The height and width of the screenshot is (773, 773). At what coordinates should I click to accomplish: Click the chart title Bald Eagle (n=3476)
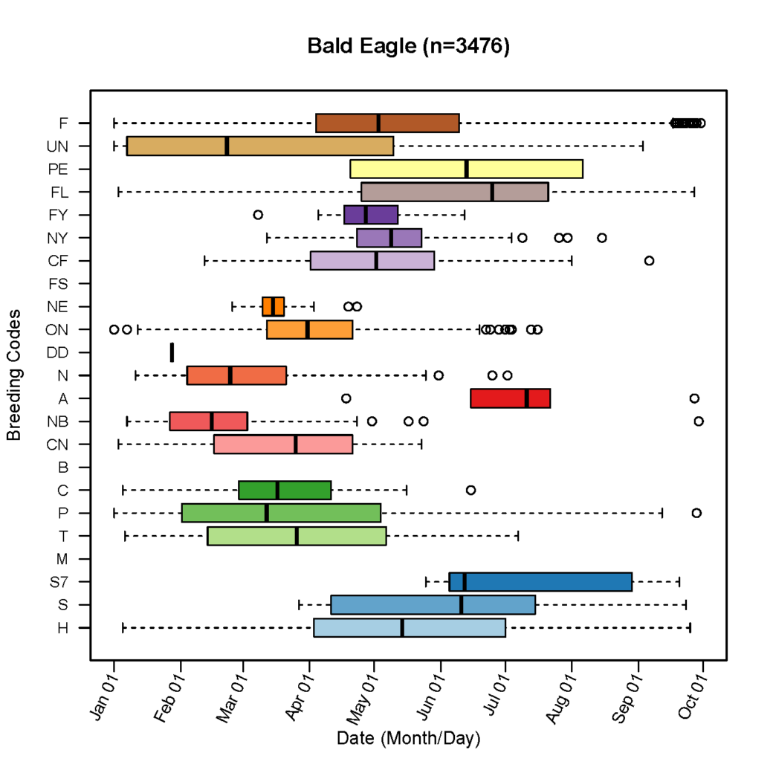(408, 46)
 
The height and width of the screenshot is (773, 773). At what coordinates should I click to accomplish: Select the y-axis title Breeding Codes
(13, 375)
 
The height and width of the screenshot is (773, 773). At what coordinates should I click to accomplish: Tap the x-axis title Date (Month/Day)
(408, 739)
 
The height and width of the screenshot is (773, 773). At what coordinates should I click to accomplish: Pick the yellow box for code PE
(466, 169)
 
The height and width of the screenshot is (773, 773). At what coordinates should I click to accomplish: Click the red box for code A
(510, 398)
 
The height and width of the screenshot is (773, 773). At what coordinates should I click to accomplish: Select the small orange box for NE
(273, 306)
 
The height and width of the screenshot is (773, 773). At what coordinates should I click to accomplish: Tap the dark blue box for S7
(540, 582)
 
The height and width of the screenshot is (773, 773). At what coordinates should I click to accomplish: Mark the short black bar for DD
(172, 352)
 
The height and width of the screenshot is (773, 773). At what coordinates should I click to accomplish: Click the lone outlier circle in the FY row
(258, 215)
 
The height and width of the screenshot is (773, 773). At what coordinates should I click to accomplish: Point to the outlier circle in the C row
(470, 490)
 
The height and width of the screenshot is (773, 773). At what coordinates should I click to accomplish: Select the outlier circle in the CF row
(649, 260)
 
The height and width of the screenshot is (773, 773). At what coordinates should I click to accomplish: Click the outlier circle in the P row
(696, 513)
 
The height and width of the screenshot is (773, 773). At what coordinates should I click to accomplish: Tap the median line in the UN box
(227, 146)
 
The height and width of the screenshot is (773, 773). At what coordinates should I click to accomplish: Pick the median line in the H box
(402, 628)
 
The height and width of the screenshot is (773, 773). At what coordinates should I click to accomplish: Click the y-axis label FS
(59, 283)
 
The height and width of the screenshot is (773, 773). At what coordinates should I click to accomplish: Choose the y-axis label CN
(58, 444)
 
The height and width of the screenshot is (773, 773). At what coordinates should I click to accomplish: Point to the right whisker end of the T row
(517, 536)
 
